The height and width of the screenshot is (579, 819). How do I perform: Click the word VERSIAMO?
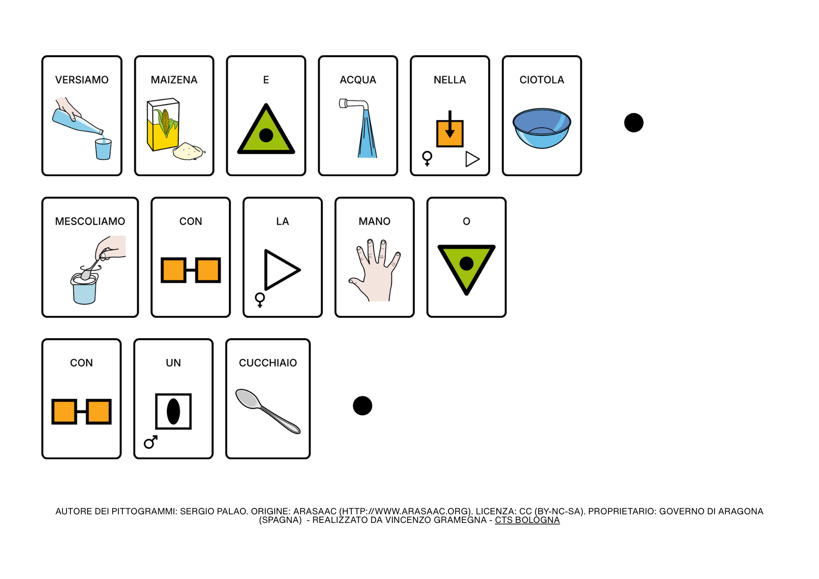tap(82, 80)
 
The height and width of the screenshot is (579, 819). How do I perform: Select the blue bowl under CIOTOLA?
tap(542, 128)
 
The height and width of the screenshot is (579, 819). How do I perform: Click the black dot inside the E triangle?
tap(266, 135)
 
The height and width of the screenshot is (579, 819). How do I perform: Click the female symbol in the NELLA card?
tap(427, 158)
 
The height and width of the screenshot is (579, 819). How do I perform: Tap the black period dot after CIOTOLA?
tap(634, 123)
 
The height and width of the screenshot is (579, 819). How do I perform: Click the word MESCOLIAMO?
tap(90, 222)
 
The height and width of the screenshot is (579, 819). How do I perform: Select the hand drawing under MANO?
tap(375, 270)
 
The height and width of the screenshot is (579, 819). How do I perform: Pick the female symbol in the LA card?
tap(260, 300)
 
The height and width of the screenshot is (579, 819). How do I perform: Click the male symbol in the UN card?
tap(151, 442)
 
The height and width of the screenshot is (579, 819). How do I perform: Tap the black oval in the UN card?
tap(173, 412)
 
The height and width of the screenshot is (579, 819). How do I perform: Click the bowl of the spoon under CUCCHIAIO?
tap(247, 398)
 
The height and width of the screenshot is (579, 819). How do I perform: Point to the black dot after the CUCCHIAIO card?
tap(362, 406)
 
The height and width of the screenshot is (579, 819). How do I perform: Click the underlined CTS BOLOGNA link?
tap(527, 520)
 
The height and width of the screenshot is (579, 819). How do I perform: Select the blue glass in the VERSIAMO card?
tap(103, 149)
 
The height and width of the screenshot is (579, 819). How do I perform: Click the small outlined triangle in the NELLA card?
tap(472, 159)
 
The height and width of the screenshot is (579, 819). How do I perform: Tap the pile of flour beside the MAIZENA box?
tap(188, 151)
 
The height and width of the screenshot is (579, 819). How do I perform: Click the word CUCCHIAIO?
tap(268, 363)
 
